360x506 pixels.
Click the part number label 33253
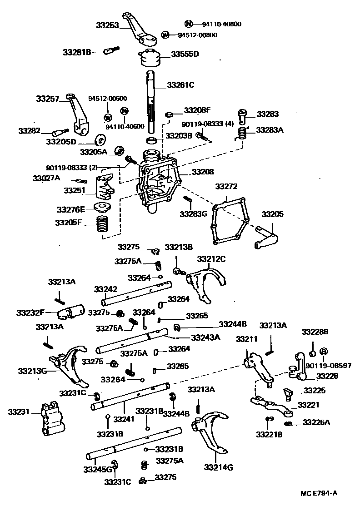(x=107, y=26)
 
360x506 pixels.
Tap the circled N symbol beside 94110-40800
(x=189, y=24)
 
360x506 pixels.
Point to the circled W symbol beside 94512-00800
(x=165, y=35)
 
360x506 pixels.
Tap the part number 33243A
(x=205, y=337)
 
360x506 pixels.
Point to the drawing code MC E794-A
(x=319, y=493)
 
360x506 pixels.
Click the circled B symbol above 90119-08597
(x=324, y=352)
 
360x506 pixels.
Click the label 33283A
(x=270, y=129)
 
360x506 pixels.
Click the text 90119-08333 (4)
(x=208, y=123)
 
